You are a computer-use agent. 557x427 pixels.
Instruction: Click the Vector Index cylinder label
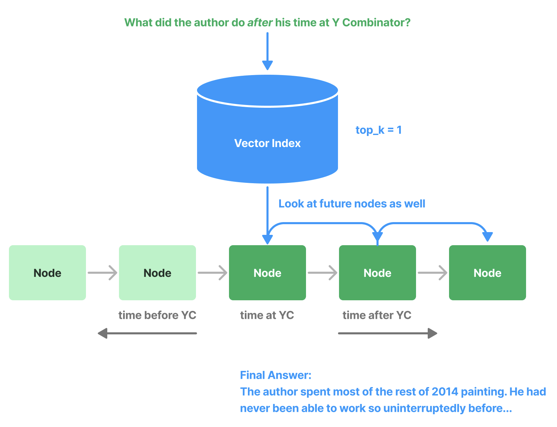pos(267,143)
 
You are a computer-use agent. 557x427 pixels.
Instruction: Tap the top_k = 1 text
pos(378,130)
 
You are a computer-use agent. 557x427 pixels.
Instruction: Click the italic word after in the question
pos(260,23)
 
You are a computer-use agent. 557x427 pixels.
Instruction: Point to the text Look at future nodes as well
pos(351,204)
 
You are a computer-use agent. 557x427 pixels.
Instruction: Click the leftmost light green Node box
pos(47,273)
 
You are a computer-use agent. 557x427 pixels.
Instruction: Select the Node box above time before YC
pos(157,273)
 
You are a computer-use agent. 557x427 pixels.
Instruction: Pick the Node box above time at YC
pos(267,273)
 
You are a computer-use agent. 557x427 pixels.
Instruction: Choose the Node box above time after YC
pos(377,273)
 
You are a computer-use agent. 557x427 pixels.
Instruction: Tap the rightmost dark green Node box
pos(487,273)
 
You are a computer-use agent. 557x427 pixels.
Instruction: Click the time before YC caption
pos(157,315)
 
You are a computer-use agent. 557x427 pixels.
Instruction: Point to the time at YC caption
pos(267,315)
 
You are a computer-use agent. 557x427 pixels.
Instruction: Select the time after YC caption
pos(377,315)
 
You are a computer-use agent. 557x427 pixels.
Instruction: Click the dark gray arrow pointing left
pos(147,333)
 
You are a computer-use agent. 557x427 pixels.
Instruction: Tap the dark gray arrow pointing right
pos(387,333)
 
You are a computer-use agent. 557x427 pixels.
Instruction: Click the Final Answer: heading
pos(275,375)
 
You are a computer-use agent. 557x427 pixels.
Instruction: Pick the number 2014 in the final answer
pos(445,392)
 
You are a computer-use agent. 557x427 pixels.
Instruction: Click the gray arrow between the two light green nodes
pos(102,273)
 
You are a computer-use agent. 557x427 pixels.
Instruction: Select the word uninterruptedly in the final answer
pos(424,408)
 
